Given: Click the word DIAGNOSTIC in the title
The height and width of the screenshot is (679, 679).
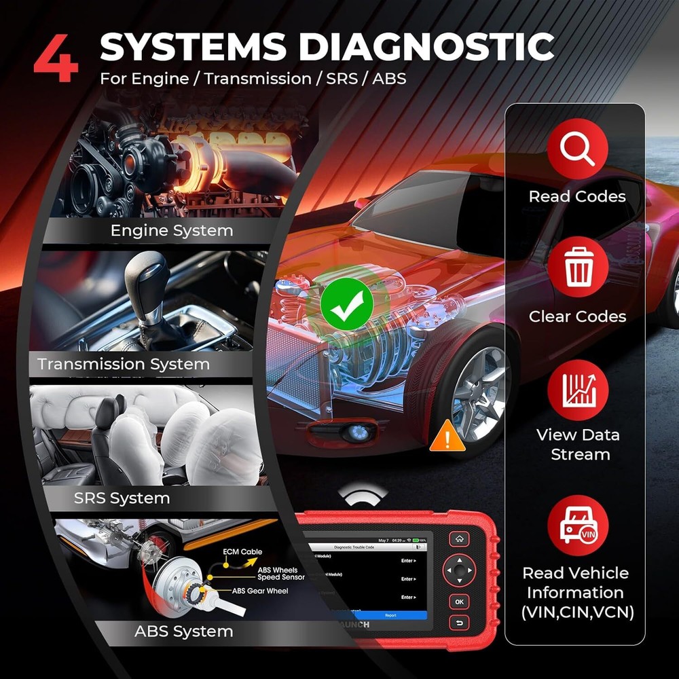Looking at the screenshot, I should tap(427, 47).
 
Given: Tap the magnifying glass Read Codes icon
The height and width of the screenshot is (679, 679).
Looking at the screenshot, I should tap(577, 150).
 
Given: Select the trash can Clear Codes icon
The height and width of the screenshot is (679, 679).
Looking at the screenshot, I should tap(577, 270).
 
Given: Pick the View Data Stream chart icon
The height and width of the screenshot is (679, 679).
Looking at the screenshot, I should tap(577, 390).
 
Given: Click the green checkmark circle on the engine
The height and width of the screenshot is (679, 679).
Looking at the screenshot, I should tap(347, 304).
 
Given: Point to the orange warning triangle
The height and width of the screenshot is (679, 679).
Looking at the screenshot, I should tap(447, 436).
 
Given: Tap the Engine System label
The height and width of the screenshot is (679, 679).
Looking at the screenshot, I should tap(172, 231).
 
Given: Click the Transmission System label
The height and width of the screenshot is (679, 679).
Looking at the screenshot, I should tap(124, 364).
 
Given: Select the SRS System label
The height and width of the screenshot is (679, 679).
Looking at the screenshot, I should tap(122, 498).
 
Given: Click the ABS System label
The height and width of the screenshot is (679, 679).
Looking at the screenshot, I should tap(183, 631).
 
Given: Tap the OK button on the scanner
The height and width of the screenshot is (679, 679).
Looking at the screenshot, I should tap(460, 602).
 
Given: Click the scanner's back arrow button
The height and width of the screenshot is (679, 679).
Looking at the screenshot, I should tap(460, 623).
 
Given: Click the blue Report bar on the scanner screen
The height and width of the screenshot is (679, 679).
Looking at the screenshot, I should tap(390, 615).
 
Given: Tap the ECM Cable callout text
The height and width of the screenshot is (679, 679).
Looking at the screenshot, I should tap(242, 552).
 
